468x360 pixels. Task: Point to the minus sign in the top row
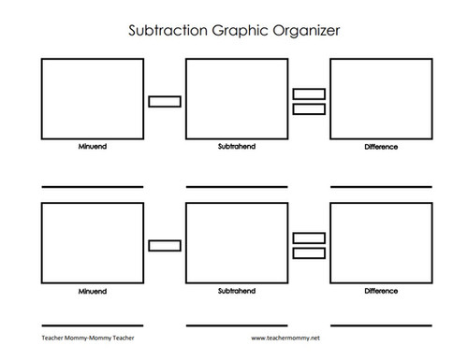click(164, 100)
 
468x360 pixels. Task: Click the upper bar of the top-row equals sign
click(309, 94)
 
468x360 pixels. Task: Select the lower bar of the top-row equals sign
click(309, 109)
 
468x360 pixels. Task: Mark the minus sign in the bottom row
click(164, 245)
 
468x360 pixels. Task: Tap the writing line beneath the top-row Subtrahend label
click(237, 187)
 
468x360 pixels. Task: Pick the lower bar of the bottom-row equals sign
click(309, 253)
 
